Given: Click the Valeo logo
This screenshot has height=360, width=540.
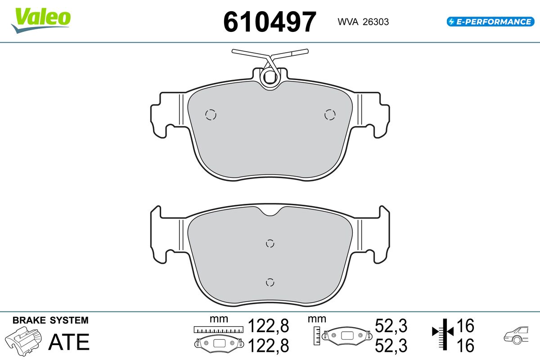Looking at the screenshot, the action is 41,20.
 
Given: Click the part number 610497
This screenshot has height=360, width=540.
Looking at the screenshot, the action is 270,22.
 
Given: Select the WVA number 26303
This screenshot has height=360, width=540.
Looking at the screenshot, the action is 376,22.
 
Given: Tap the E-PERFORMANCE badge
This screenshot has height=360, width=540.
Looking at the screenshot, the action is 490,22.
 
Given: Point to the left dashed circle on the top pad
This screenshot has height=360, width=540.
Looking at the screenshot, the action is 211,115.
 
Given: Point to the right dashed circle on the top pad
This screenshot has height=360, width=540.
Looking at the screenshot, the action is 330,115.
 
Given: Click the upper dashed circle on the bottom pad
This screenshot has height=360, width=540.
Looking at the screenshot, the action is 270,243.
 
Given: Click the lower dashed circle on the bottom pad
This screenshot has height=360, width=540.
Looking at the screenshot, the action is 270,282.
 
